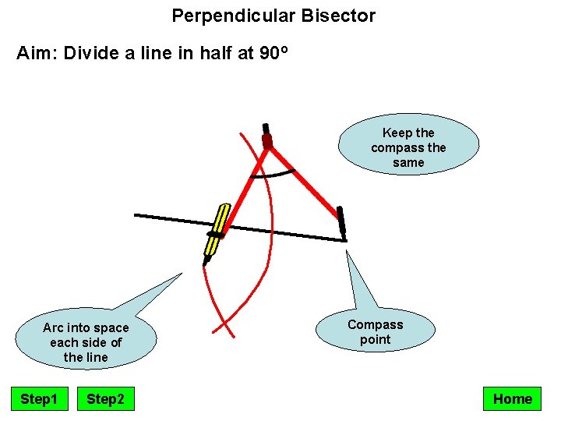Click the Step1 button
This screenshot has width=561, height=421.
pyautogui.click(x=39, y=399)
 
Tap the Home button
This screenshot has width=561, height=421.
pyautogui.click(x=512, y=399)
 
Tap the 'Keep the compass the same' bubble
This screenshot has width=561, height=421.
pyautogui.click(x=408, y=147)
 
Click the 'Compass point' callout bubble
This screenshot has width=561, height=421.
pyautogui.click(x=376, y=331)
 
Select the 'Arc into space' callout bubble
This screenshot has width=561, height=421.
pyautogui.click(x=86, y=341)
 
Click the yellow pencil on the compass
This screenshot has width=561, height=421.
pyautogui.click(x=216, y=231)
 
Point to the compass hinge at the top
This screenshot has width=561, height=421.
pyautogui.click(x=267, y=141)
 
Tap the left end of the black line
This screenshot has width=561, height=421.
pyautogui.click(x=137, y=214)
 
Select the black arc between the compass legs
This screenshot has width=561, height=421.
pyautogui.click(x=273, y=174)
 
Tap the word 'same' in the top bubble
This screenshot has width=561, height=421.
pyautogui.click(x=408, y=162)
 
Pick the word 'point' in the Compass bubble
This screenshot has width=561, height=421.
pyautogui.click(x=376, y=339)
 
